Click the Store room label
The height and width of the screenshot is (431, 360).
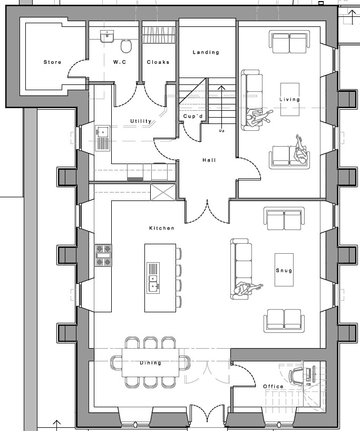coord(53,62)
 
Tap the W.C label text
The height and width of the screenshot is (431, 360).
coord(120,62)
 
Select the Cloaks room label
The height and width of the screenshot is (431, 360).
coord(158,62)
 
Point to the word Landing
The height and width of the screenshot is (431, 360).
coord(206,52)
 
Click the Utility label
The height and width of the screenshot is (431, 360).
coord(141,121)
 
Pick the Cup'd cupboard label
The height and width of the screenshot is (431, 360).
coord(193,116)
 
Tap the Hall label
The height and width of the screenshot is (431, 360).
coord(209,160)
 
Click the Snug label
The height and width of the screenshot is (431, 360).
coord(284,271)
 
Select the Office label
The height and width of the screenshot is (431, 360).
coord(273,387)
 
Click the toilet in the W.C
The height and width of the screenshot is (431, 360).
coord(126,46)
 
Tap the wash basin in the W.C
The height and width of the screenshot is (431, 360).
coord(107,36)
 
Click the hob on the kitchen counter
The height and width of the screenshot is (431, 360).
coord(103,255)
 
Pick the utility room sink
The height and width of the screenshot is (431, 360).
coord(103,138)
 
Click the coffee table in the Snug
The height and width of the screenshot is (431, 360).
coord(284,270)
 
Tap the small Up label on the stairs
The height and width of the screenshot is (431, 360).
coord(221,131)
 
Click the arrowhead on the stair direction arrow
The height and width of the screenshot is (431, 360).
coord(221,88)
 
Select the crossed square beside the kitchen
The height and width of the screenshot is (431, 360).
coord(163,193)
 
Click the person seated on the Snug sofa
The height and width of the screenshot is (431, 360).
coord(247,289)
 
